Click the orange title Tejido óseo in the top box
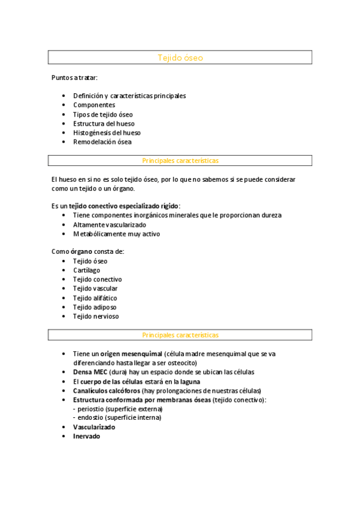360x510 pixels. point(180,58)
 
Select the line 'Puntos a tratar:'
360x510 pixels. point(74,78)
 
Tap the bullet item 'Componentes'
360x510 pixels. point(94,105)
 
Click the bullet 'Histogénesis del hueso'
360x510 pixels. point(107,133)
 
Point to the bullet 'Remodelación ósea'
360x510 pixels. point(102,143)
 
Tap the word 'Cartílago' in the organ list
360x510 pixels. point(87,271)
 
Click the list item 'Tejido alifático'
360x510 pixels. point(95,298)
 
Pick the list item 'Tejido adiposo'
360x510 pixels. point(94,307)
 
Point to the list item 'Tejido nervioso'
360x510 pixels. point(96,316)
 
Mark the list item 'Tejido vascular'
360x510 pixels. point(95,289)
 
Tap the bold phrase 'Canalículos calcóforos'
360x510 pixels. point(106,391)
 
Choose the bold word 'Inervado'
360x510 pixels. point(87,437)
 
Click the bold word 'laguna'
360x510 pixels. point(189,382)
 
